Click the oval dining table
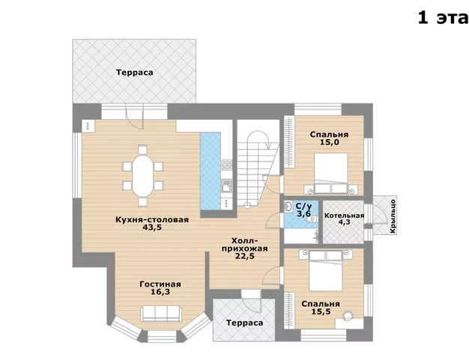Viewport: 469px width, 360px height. point(142,175)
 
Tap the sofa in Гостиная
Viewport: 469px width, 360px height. point(160,314)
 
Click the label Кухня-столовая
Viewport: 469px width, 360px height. point(152,219)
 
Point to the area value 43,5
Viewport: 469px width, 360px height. point(152,228)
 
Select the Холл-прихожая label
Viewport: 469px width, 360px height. point(245,245)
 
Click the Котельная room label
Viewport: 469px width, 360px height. point(344,216)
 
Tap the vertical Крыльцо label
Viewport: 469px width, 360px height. point(393,216)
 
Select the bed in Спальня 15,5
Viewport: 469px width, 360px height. point(326,270)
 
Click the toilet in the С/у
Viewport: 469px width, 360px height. point(311,219)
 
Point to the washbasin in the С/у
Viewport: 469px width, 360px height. point(288,207)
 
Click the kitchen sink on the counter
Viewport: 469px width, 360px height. point(226,186)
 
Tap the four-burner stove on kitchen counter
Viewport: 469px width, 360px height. point(227,165)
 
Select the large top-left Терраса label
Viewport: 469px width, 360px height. point(135,73)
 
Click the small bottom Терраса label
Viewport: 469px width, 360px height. point(245,323)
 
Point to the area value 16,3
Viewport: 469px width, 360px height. point(160,292)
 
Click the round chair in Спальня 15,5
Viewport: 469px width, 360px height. point(348,316)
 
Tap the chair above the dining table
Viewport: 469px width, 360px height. point(142,149)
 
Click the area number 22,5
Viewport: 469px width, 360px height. point(245,256)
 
